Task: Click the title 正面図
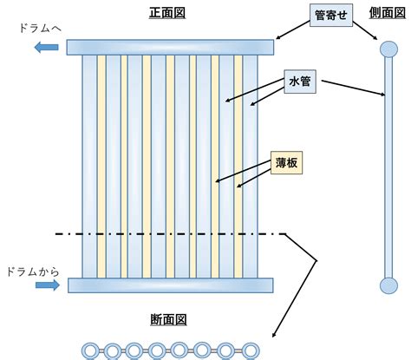click(x=167, y=13)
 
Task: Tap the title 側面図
click(x=388, y=13)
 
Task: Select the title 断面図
click(x=168, y=320)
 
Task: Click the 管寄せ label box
click(x=331, y=15)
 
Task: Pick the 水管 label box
click(x=300, y=82)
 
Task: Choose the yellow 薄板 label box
click(x=286, y=163)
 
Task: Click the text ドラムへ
click(x=41, y=29)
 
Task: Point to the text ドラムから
click(x=33, y=272)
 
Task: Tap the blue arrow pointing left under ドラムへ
click(x=47, y=47)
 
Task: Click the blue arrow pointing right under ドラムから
click(x=48, y=285)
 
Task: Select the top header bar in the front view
click(x=170, y=48)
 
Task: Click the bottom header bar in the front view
click(x=171, y=285)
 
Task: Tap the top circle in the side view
click(x=388, y=49)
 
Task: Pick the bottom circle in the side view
click(x=388, y=285)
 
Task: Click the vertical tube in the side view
click(x=388, y=167)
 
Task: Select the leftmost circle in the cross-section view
click(x=91, y=351)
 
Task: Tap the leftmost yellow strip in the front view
click(x=101, y=167)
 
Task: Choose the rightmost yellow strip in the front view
click(x=238, y=167)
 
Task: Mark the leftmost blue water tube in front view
click(x=89, y=167)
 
